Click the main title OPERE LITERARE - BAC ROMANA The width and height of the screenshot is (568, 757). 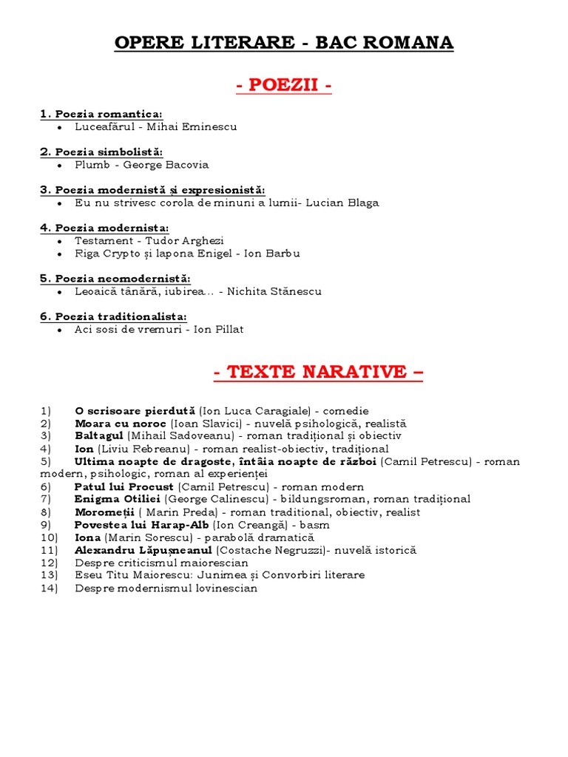tap(284, 43)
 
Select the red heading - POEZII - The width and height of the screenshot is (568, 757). tap(284, 86)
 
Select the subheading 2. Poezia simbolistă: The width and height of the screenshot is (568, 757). tap(101, 152)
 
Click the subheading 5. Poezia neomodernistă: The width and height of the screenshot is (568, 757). tap(115, 279)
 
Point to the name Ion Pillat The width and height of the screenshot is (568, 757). tap(218, 329)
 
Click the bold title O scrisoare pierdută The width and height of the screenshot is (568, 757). tap(135, 411)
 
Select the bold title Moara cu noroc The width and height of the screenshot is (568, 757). tap(121, 424)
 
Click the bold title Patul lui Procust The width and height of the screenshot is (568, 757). tap(124, 487)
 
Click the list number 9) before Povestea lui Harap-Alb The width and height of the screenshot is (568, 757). tap(46, 525)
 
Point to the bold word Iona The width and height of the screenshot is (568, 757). tap(87, 537)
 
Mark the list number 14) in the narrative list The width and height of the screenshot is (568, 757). tap(49, 588)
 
